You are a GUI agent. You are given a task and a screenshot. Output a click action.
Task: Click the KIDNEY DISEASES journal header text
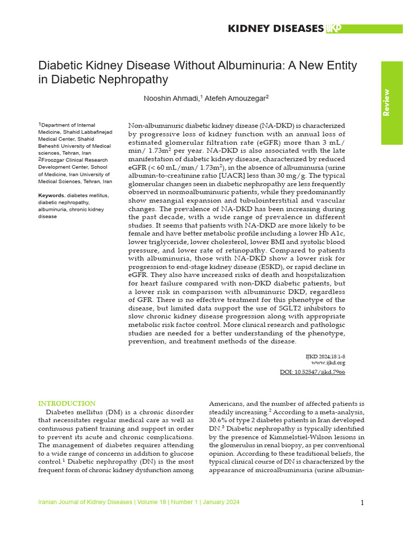point(275,29)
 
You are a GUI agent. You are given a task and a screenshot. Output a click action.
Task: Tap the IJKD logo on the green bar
point(334,29)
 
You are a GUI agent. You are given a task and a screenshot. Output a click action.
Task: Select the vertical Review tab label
point(386,102)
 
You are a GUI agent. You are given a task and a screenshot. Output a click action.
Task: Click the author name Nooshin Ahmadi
point(171,98)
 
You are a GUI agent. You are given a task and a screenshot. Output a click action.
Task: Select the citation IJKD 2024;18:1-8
point(325,356)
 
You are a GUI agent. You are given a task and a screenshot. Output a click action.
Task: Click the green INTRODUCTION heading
point(67,403)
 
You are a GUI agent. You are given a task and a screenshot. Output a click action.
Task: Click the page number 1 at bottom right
point(362,503)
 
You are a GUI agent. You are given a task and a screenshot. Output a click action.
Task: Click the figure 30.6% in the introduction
point(221,420)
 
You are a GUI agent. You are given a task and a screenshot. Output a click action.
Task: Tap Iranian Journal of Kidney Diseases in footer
point(85,502)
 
